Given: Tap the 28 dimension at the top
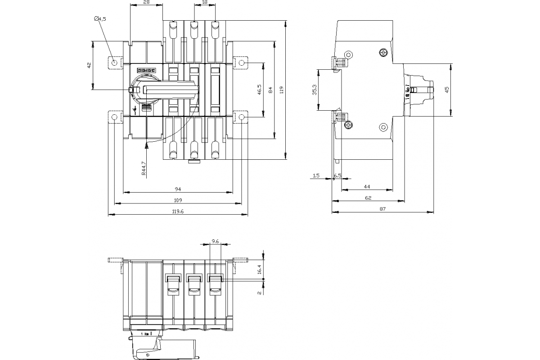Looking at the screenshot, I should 146,2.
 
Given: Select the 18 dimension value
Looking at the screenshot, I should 205,2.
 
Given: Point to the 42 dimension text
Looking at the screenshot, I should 89,66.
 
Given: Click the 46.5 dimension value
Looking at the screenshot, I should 260,90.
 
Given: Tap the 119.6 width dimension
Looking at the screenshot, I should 178,211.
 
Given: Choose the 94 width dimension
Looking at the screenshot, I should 178,189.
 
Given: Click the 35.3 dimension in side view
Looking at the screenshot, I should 315,90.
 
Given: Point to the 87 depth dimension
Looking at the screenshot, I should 382,208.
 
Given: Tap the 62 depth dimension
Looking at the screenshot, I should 368,198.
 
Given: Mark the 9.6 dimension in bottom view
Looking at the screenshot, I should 215,242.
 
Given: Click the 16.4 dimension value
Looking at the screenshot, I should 259,269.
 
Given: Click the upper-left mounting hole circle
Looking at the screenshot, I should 115,63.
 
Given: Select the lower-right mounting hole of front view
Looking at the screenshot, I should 242,117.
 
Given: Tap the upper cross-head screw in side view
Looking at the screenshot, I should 383,53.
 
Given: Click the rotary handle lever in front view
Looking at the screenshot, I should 173,90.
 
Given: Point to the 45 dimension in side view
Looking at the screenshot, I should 447,90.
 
